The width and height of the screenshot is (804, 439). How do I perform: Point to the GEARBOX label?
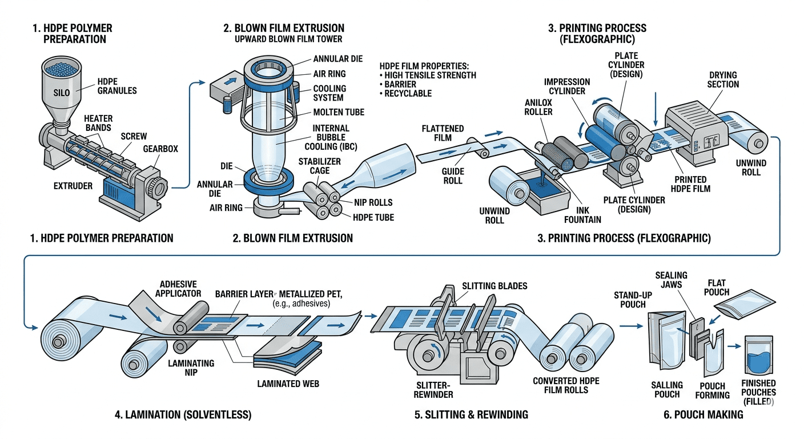[x=160, y=149]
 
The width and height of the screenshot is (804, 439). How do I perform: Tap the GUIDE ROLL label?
[x=452, y=176]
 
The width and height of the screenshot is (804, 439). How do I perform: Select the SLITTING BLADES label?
[x=495, y=285]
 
